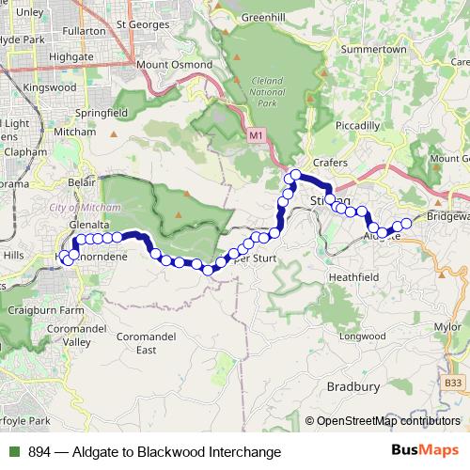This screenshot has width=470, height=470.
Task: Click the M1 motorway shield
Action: click(257, 137)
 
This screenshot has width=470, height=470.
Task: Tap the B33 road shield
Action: click(453, 383)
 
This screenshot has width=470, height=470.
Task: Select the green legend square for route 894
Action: click(15, 452)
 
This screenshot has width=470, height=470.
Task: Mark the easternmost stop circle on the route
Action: click(407, 224)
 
